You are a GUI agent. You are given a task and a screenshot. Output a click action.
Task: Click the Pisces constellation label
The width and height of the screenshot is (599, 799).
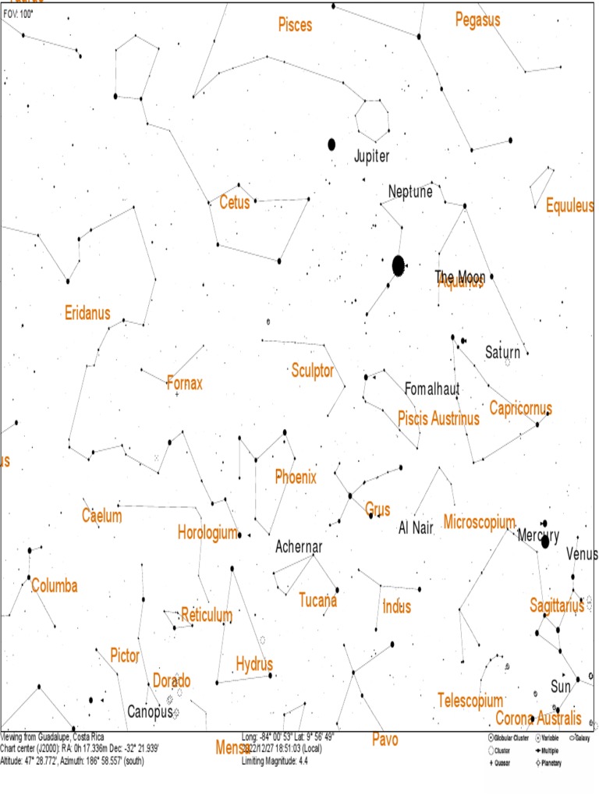coord(295,25)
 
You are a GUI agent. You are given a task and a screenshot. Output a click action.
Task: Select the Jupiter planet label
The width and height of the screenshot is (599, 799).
coord(371,156)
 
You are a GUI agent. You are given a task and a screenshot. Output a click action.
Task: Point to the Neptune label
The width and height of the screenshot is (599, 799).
coord(410,191)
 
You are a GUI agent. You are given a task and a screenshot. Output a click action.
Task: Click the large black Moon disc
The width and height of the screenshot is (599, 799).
coord(399,265)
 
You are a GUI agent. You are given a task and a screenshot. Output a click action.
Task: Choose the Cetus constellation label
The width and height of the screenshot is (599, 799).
coord(235,203)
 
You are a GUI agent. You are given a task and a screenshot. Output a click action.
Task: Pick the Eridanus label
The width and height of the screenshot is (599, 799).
coord(87,314)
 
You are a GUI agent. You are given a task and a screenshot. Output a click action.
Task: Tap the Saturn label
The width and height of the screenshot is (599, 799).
coord(502,353)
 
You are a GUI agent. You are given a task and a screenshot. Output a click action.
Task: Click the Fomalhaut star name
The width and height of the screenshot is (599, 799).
coord(432,389)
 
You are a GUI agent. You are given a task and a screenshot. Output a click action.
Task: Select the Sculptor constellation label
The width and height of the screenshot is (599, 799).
coord(313,370)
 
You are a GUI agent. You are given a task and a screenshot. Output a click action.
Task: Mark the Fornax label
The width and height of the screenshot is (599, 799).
coord(185,383)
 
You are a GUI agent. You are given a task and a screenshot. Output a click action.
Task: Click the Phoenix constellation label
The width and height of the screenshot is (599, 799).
coord(296,477)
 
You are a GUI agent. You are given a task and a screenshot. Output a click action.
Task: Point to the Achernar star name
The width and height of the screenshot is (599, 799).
coord(299,547)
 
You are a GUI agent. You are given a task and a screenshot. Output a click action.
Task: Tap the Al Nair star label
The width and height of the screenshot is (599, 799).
coord(416,527)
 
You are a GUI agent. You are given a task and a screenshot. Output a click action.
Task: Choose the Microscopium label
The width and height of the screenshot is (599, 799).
coord(480,521)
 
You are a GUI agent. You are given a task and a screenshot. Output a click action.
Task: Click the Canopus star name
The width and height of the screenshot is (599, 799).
coord(149,712)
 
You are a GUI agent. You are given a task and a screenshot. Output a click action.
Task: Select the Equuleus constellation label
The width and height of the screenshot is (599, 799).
coord(570,207)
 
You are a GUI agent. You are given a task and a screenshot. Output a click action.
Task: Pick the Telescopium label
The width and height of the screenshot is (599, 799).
coord(470,700)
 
